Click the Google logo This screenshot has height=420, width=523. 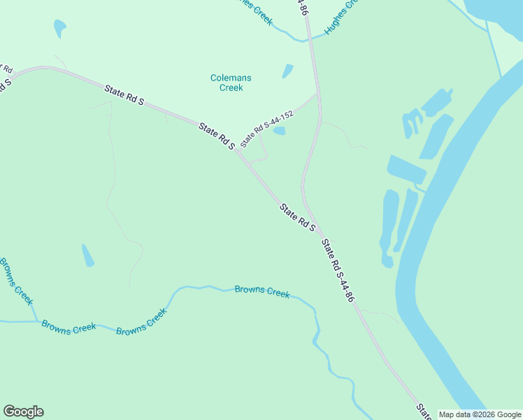[23, 412]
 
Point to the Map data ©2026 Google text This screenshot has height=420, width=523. [480, 414]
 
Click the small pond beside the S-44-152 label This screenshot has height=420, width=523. [279, 131]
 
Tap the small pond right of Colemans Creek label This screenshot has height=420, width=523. [287, 71]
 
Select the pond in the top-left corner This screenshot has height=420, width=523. [59, 28]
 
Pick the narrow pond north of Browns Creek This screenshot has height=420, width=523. [87, 255]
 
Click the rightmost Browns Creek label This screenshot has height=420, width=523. [262, 291]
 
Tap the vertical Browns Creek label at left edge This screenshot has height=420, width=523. [16, 281]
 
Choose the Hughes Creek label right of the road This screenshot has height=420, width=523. [341, 17]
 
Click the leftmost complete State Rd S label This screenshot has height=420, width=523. [124, 96]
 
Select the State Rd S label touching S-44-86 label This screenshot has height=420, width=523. [297, 218]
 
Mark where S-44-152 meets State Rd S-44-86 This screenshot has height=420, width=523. [318, 93]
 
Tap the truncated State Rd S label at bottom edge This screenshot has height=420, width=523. [423, 410]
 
